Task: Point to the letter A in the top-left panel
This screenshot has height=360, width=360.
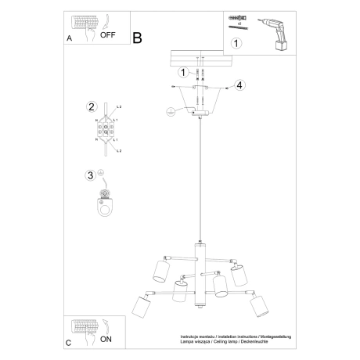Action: point(69,36)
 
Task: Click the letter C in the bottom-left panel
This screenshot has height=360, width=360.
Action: point(69,343)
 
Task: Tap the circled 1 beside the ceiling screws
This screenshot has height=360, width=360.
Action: point(181,73)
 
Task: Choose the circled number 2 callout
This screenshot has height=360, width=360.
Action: point(92,107)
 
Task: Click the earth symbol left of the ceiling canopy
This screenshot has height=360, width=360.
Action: point(167,111)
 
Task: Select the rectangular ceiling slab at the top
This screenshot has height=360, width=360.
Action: point(201,57)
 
